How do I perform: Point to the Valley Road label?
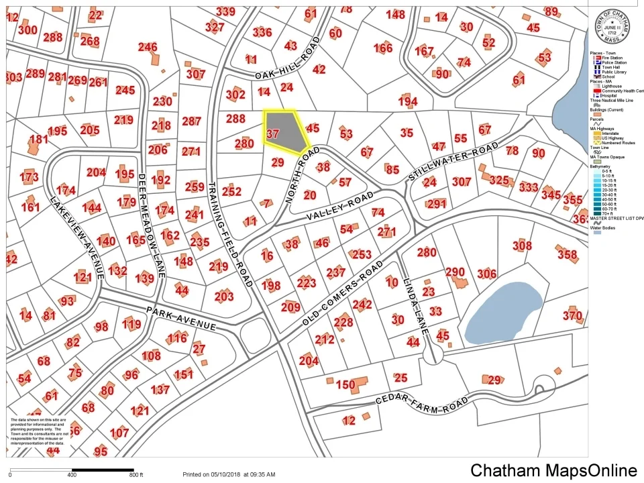click(340, 207)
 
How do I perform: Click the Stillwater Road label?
click(454, 162)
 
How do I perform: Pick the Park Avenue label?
click(181, 319)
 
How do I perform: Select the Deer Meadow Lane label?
click(152, 214)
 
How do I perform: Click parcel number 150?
click(345, 385)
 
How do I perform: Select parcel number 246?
click(148, 47)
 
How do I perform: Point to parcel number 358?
click(567, 254)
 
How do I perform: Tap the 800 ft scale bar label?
click(137, 475)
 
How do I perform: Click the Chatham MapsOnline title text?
click(553, 470)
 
